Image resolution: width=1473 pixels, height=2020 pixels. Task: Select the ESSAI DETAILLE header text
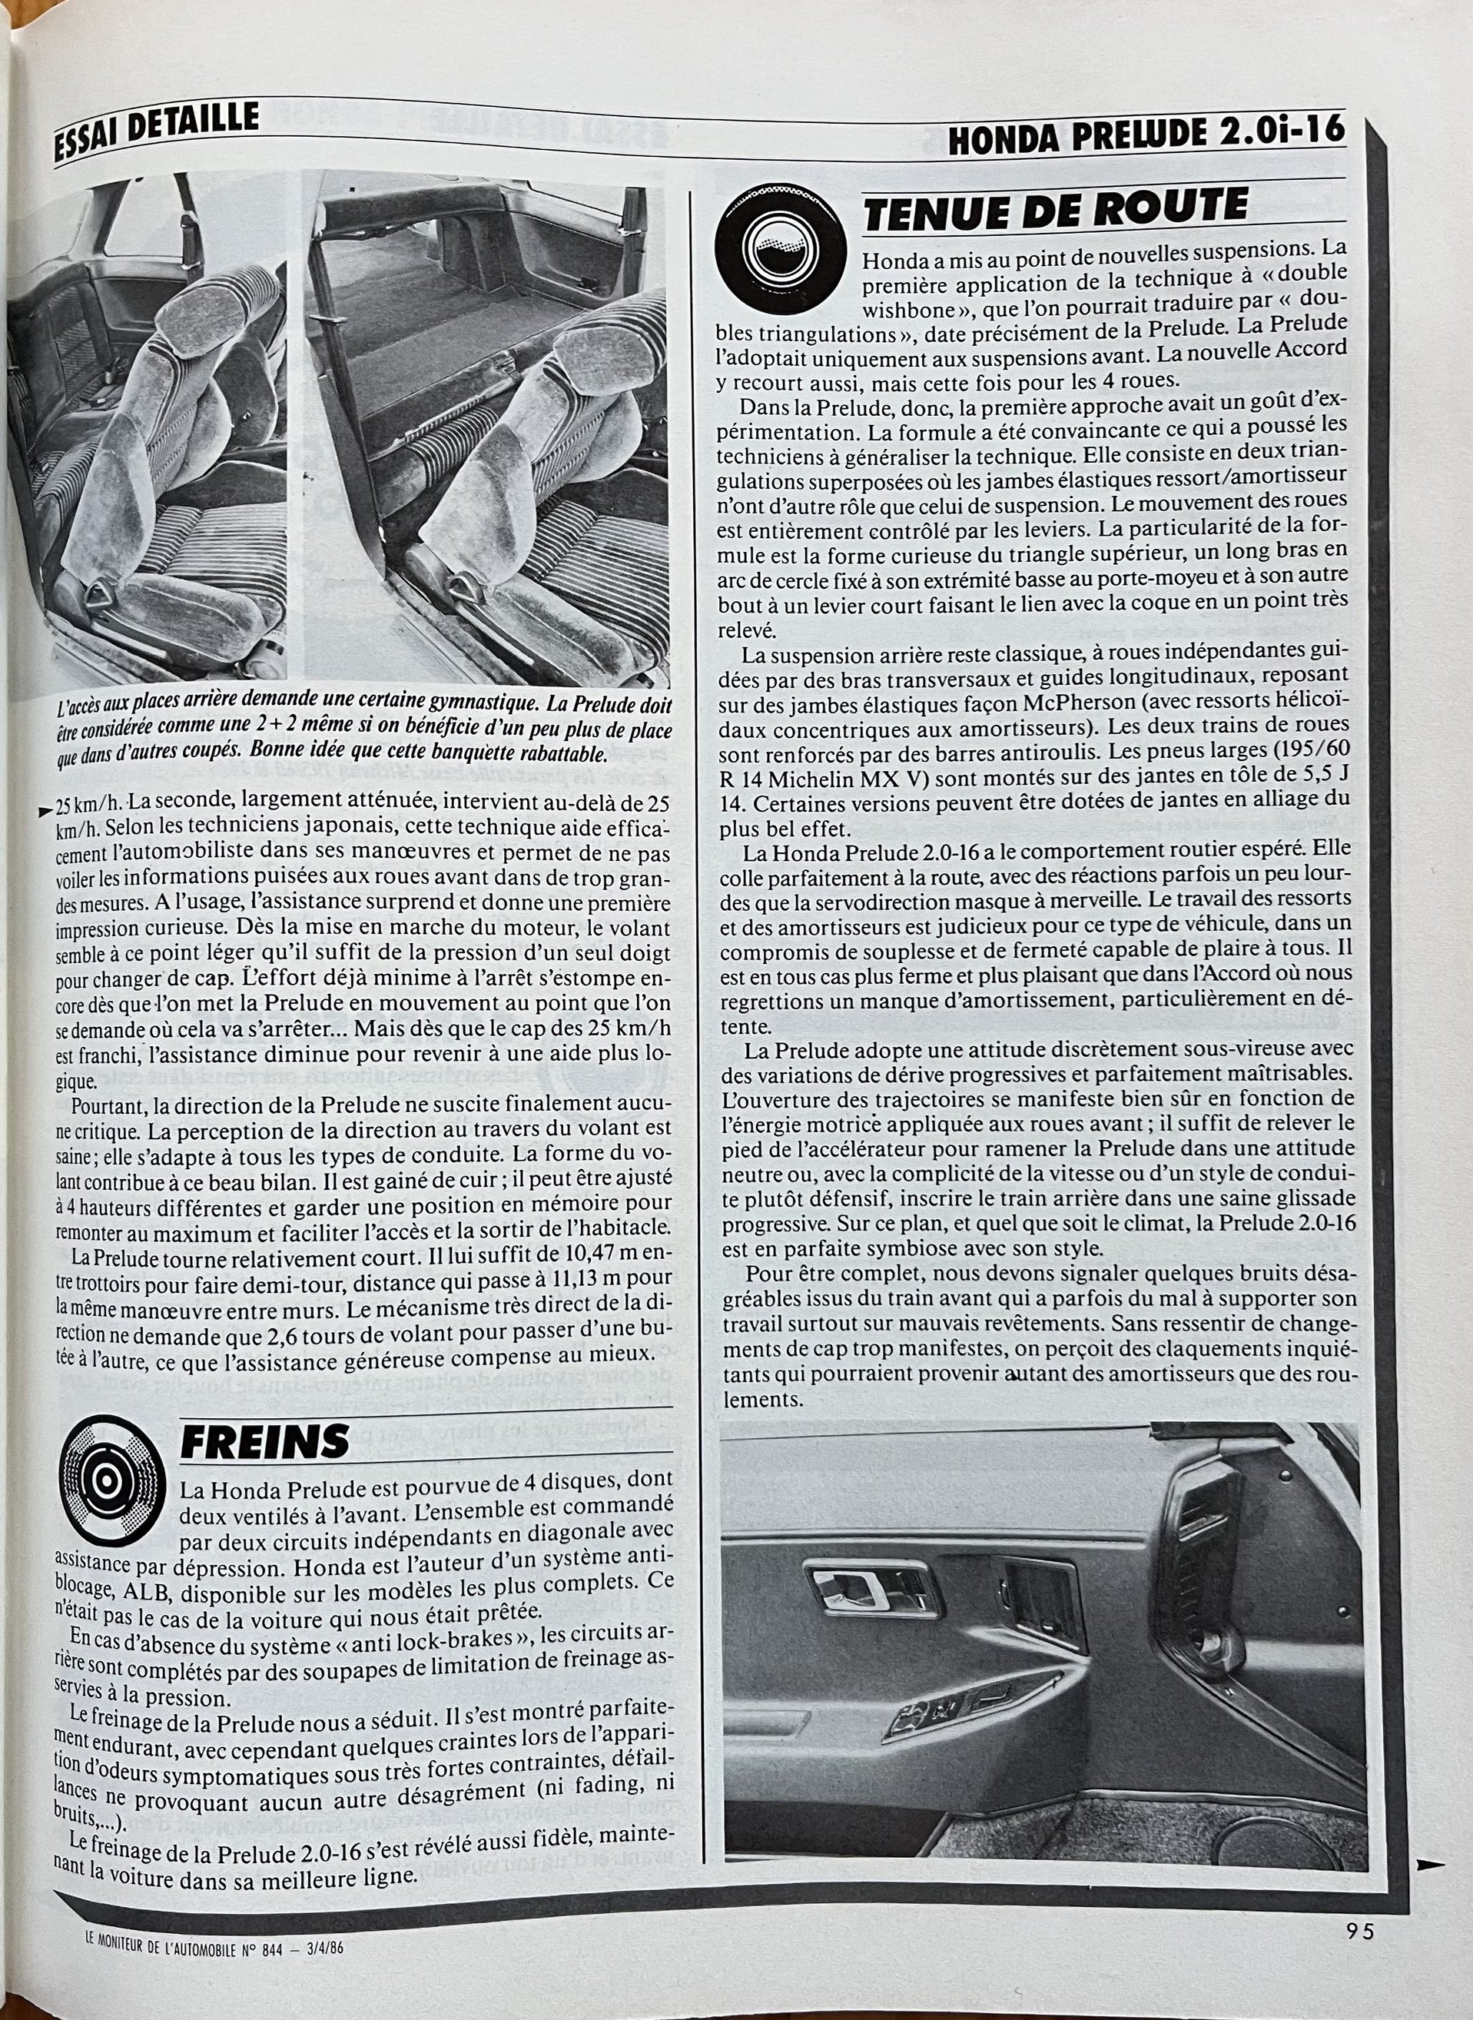(156, 129)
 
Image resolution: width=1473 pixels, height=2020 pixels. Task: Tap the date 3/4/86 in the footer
(319, 1965)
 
